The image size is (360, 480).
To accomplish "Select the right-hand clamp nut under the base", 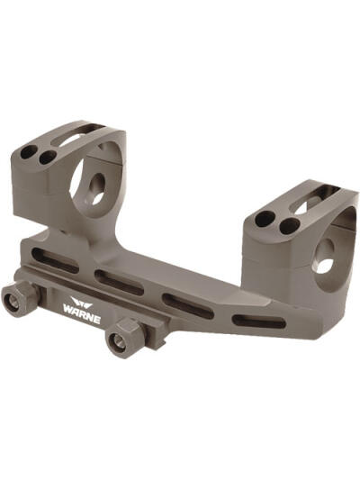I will pos(118,340).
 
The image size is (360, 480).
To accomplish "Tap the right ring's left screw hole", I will pos(264,219).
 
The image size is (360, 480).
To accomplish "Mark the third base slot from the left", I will pos(188,303).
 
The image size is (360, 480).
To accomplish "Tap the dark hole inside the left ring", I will pos(96,190).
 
